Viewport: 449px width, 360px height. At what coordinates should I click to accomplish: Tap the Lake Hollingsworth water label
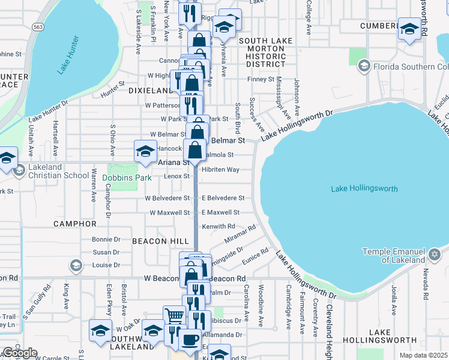tap(364, 188)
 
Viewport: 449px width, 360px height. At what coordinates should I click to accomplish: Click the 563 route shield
tap(38, 27)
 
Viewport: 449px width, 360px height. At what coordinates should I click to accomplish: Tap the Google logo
tap(19, 353)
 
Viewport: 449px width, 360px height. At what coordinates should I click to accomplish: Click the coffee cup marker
tap(190, 339)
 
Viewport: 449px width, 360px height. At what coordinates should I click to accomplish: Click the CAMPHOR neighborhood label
tap(75, 224)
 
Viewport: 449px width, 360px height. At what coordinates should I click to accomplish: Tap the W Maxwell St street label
tap(169, 212)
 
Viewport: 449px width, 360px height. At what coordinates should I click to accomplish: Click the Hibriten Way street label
tap(220, 170)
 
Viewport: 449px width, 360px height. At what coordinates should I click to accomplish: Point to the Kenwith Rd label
tap(218, 226)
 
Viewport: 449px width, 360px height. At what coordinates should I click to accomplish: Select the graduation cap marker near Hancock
tap(145, 151)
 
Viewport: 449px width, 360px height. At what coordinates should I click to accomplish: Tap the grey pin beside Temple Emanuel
tap(435, 256)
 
